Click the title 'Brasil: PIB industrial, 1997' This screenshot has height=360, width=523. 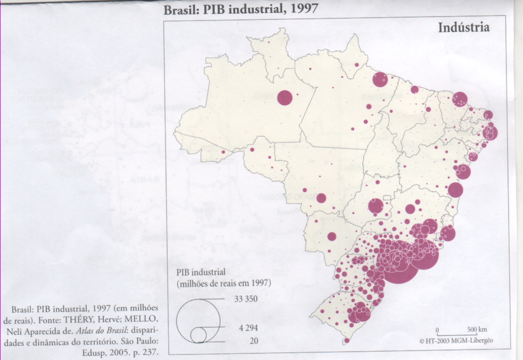pyautogui.click(x=241, y=10)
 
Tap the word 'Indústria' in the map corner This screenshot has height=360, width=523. pyautogui.click(x=463, y=27)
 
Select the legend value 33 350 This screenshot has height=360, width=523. pyautogui.click(x=247, y=299)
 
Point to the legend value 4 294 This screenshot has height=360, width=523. pyautogui.click(x=248, y=328)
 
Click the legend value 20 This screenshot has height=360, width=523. pyautogui.click(x=253, y=341)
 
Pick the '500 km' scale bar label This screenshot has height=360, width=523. pyautogui.click(x=476, y=330)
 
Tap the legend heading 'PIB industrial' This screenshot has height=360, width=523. pyautogui.click(x=201, y=272)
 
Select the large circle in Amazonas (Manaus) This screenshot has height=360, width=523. pyautogui.click(x=284, y=97)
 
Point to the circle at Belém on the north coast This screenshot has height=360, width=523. pyautogui.click(x=380, y=80)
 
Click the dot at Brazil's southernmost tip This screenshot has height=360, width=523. pyautogui.click(x=346, y=341)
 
